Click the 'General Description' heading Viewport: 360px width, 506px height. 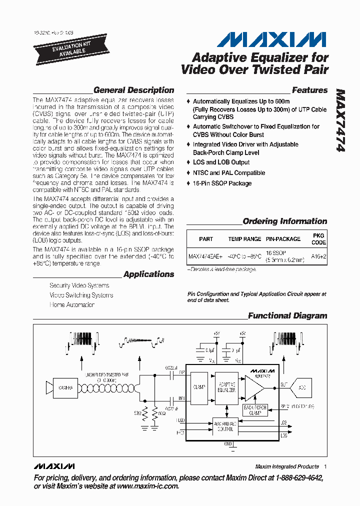(133, 90)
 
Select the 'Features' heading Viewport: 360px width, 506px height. (309, 90)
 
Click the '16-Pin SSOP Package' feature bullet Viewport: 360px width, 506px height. (222, 183)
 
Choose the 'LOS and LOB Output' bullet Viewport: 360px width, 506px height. (221, 162)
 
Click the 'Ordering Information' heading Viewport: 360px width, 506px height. (284, 221)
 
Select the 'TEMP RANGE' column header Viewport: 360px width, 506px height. (244, 239)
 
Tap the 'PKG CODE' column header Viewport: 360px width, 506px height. (318, 238)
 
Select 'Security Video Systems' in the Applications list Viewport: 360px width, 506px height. (79, 285)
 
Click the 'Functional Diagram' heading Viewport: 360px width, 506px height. (287, 316)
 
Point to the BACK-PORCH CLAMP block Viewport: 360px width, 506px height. (255, 410)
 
